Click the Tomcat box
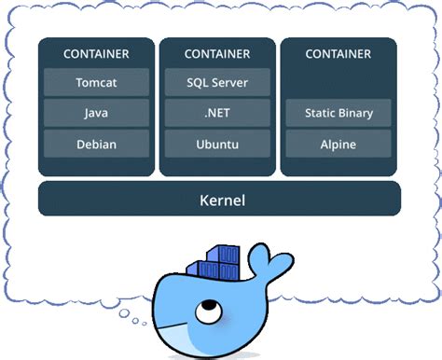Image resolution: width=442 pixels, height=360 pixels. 96,82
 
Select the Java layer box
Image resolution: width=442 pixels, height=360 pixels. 96,113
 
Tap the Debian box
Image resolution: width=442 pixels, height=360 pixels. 96,145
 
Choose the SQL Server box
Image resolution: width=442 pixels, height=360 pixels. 217,82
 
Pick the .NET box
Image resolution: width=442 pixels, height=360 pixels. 217,113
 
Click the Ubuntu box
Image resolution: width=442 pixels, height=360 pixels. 217,145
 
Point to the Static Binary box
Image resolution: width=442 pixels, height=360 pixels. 338,113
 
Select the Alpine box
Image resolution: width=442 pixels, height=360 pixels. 338,145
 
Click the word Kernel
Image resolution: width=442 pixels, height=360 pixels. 220,200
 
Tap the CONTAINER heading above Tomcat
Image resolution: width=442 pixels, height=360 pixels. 96,54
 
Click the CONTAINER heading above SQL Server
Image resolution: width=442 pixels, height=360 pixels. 217,54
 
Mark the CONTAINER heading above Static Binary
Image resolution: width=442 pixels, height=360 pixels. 338,54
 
